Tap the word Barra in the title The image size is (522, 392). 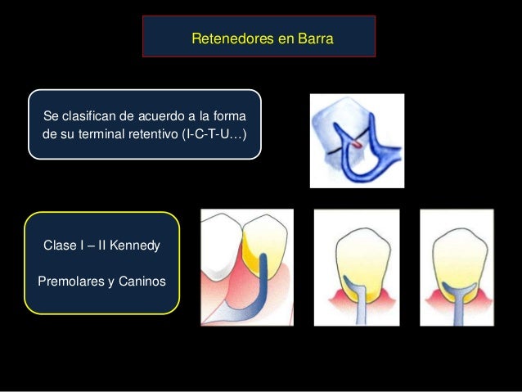pos(316,38)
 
